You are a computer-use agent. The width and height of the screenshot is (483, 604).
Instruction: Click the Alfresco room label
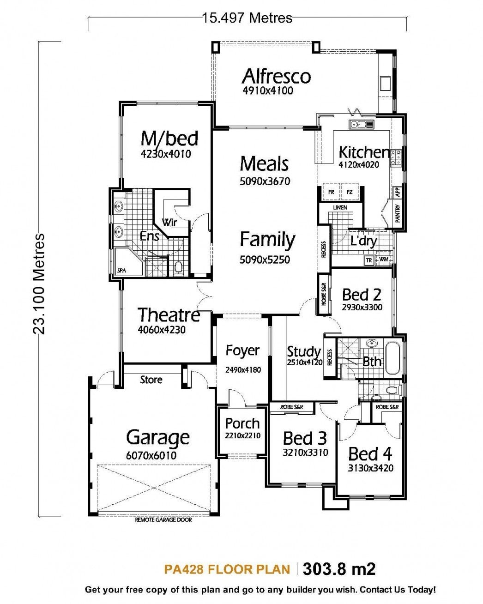click(276, 76)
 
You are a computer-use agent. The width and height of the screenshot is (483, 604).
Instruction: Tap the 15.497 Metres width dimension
click(247, 18)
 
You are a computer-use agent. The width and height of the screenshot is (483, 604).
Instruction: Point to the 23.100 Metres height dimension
click(39, 283)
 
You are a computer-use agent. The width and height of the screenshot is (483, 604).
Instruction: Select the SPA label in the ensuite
click(121, 271)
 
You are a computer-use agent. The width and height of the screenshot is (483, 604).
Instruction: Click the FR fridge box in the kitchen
click(331, 192)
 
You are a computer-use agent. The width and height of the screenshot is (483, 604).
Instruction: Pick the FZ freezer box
click(350, 192)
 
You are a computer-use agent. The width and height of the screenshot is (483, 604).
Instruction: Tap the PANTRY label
click(398, 214)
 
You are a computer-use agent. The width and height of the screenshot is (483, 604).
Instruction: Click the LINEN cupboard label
click(340, 208)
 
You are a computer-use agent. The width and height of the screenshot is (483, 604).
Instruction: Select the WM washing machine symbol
click(384, 260)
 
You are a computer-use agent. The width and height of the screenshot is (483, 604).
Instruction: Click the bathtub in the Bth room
click(394, 358)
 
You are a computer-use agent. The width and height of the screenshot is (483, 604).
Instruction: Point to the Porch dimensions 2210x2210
click(242, 435)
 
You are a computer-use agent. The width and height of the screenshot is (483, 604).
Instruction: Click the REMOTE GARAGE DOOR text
click(163, 519)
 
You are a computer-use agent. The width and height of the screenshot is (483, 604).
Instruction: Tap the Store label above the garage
click(151, 380)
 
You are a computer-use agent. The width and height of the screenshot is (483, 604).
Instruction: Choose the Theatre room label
click(169, 315)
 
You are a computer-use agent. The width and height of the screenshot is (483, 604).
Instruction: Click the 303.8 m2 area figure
click(339, 569)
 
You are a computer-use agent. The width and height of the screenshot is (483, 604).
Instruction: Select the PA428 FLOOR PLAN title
click(227, 569)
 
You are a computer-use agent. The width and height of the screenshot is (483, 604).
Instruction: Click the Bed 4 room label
click(370, 454)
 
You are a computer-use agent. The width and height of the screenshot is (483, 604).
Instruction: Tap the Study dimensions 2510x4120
click(304, 362)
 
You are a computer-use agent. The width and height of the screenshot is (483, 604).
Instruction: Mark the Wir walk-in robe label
click(169, 222)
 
